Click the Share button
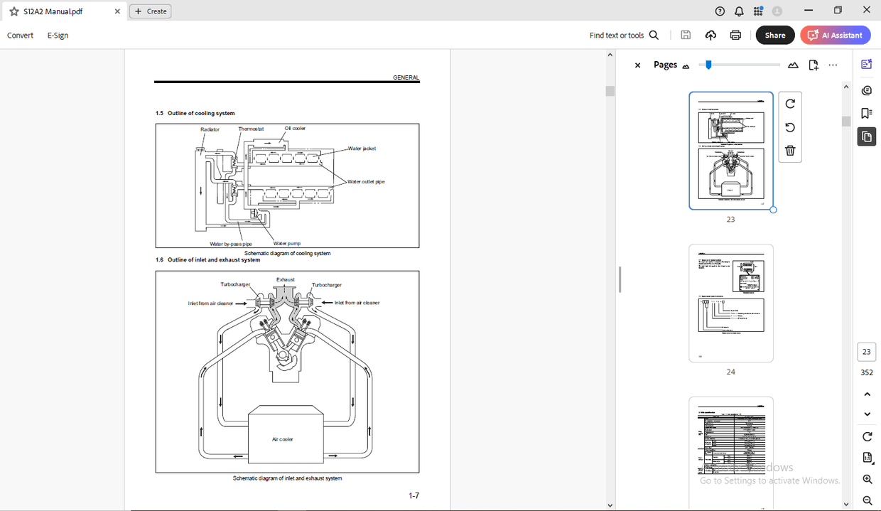pos(774,35)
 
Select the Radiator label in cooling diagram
pos(210,129)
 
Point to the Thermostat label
pos(251,129)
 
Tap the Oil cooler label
pos(295,128)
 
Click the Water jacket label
pos(362,149)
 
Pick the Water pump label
pos(286,243)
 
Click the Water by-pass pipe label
pos(230,244)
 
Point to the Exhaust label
pos(285,279)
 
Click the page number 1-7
pos(414,495)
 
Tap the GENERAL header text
pos(406,77)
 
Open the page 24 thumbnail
pos(730,303)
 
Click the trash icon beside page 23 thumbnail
pos(790,151)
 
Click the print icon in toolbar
pos(735,35)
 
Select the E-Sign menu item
pos(58,35)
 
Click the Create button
pos(151,11)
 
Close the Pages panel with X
pos(637,65)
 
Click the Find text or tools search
pos(624,35)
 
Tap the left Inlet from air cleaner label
pos(210,303)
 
